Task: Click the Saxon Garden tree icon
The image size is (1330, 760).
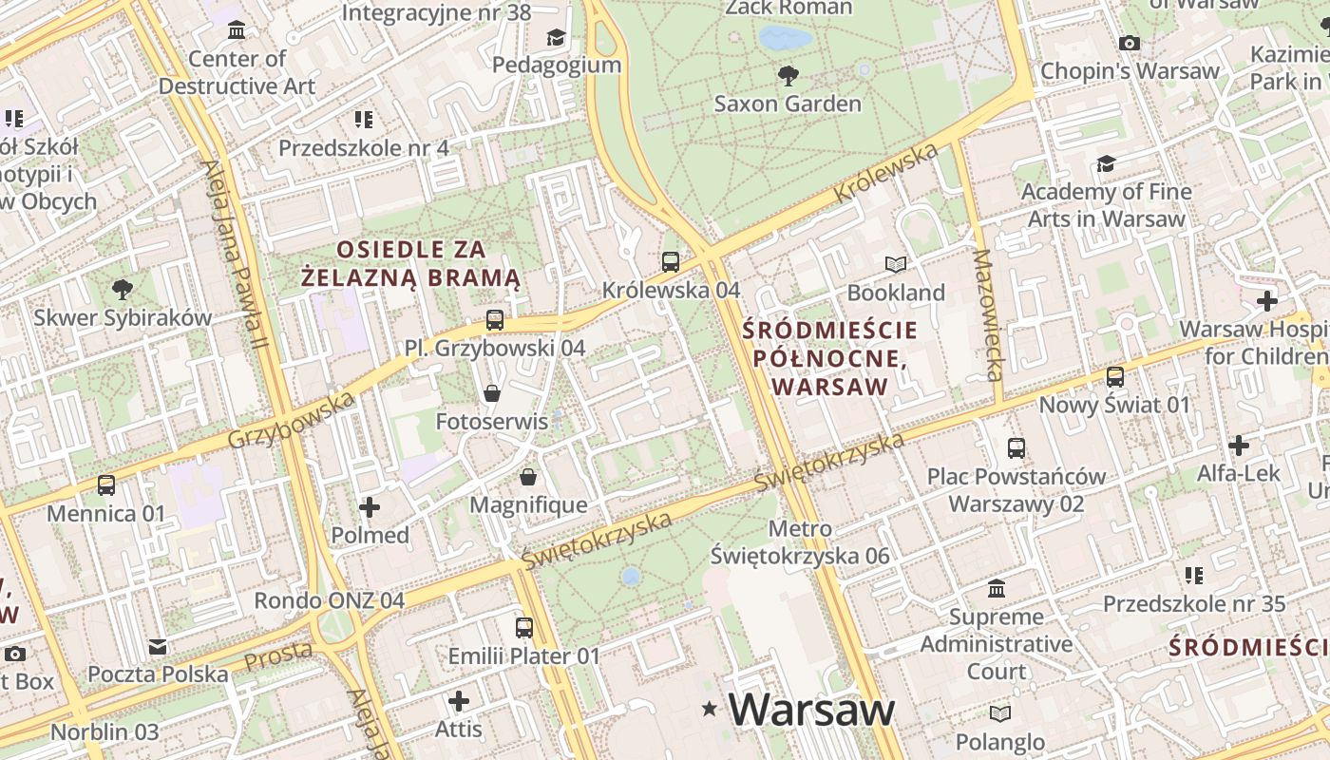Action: click(788, 75)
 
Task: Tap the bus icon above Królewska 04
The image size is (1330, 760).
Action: click(671, 261)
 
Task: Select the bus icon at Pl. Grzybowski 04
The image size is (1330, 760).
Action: click(494, 320)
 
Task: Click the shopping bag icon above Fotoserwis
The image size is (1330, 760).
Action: click(492, 392)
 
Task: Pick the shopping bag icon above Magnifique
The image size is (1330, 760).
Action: click(528, 476)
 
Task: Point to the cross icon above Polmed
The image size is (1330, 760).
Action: click(370, 507)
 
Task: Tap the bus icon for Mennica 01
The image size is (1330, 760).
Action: click(106, 485)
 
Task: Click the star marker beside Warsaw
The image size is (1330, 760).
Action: click(709, 709)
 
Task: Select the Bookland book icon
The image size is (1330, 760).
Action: click(896, 264)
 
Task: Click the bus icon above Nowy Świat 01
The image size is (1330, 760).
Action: click(1115, 377)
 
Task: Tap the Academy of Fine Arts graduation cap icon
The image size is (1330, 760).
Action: click(1106, 164)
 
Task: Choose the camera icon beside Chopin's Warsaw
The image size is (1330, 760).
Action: click(1130, 43)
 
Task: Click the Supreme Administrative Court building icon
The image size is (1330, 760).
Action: click(997, 589)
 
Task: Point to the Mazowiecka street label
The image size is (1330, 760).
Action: click(988, 315)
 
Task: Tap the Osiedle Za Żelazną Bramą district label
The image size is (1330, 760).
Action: click(410, 263)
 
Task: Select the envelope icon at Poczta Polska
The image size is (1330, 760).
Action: click(158, 647)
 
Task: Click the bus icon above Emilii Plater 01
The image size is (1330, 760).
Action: click(524, 628)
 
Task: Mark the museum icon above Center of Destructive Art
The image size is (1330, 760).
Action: click(237, 30)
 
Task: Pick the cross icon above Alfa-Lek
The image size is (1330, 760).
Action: click(1239, 445)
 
